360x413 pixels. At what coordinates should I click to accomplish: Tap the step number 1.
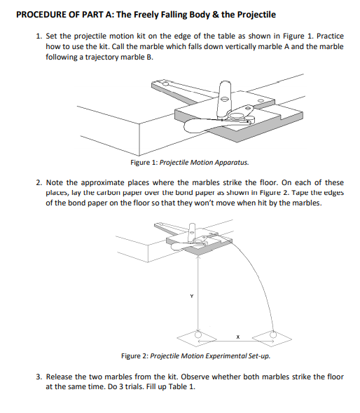click(39, 36)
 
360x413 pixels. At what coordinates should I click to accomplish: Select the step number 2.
click(39, 182)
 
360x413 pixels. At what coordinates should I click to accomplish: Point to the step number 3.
click(39, 377)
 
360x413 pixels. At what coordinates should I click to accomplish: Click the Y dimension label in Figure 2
click(188, 295)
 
